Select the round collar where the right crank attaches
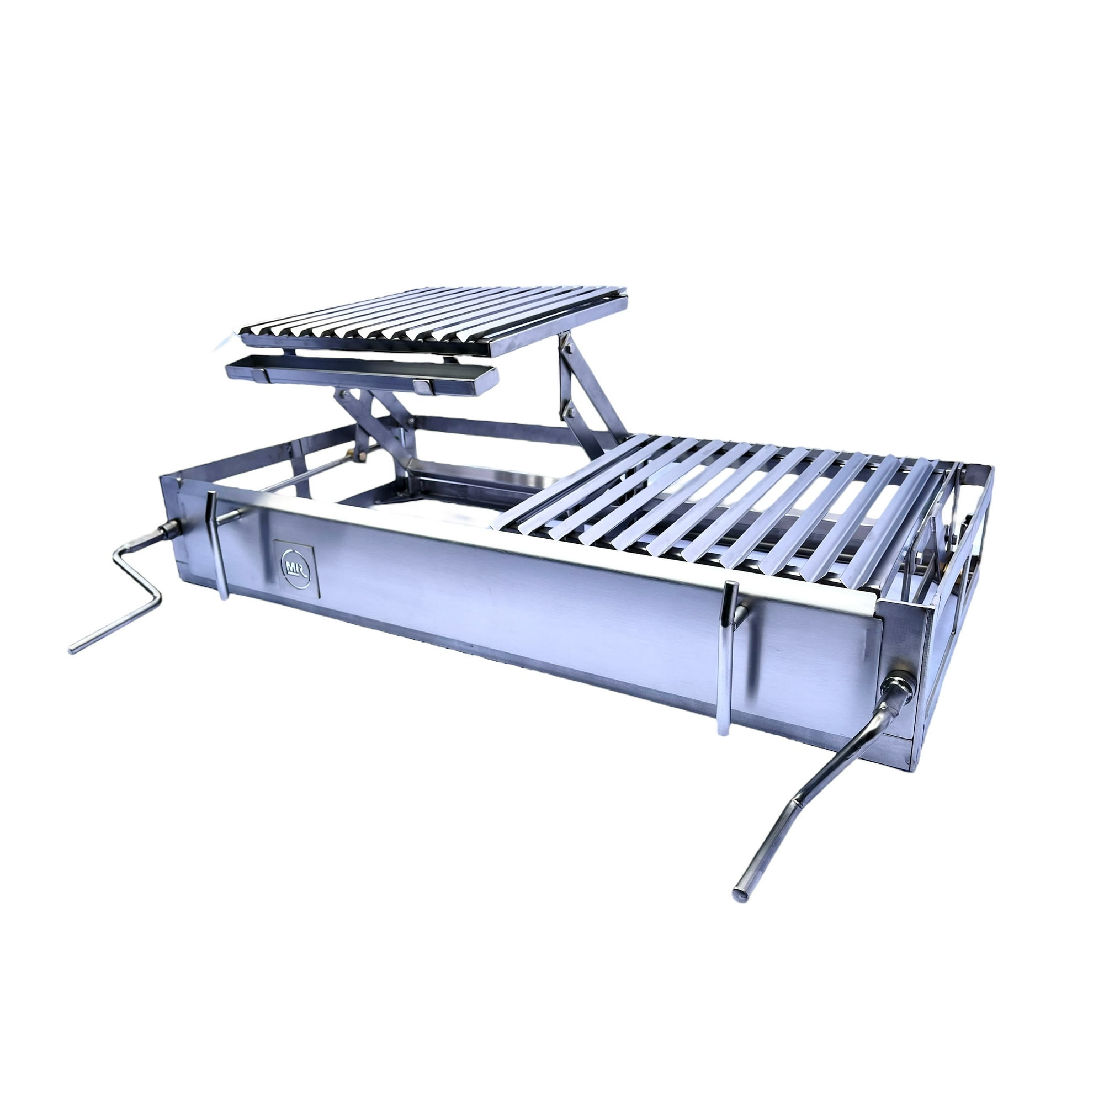coord(899,685)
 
